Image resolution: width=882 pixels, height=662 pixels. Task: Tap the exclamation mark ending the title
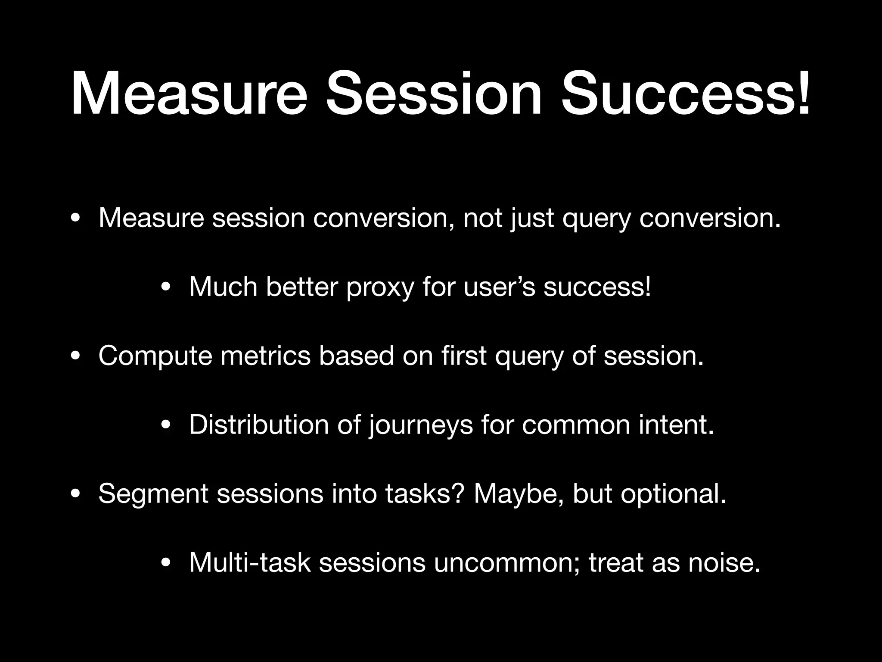click(802, 94)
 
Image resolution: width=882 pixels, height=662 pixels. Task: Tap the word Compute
click(155, 357)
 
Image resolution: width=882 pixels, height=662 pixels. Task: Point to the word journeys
click(420, 426)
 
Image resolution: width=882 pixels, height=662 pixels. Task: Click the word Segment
click(153, 495)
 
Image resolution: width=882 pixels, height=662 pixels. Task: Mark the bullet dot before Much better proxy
click(166, 288)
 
